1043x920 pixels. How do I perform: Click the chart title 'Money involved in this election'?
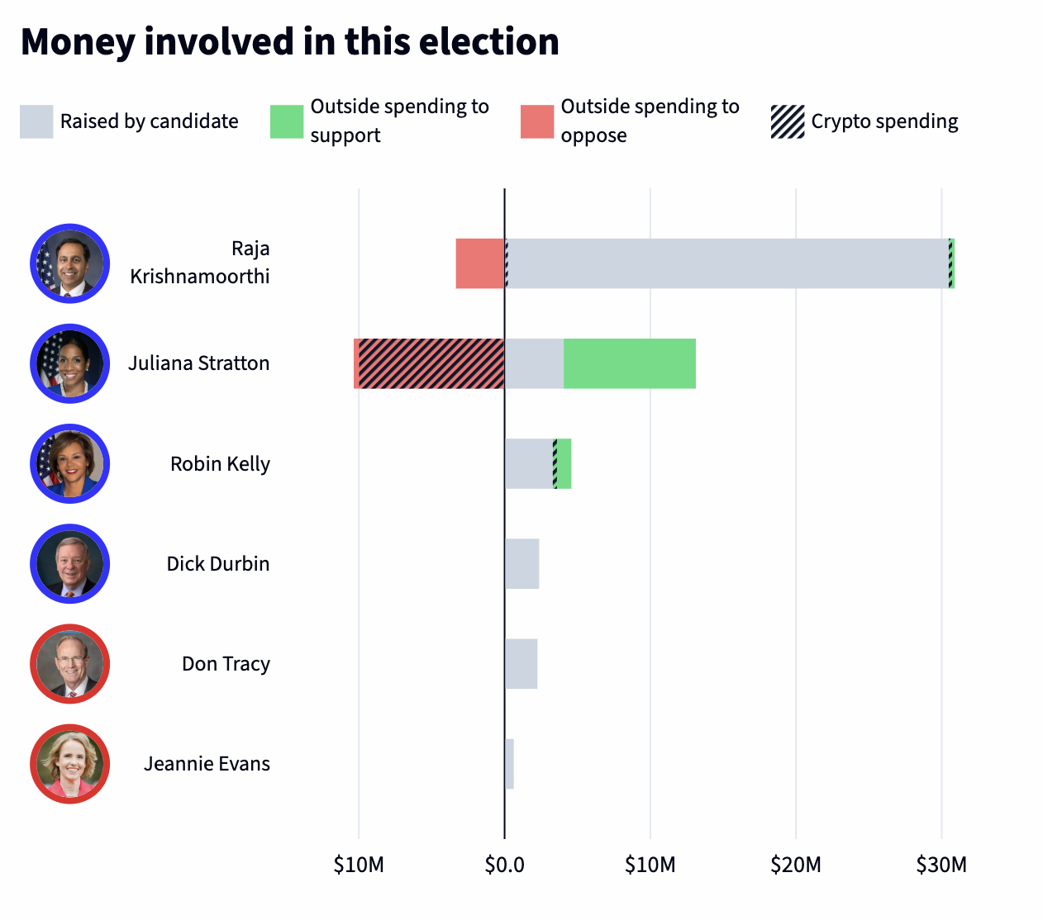coord(289,42)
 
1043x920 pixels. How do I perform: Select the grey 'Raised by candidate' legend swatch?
coord(36,121)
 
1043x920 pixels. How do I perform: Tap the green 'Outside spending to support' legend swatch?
coord(287,121)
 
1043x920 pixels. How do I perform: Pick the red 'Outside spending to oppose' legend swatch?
coord(537,121)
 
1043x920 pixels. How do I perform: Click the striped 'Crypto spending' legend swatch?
coord(788,121)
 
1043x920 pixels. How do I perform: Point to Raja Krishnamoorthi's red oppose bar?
coord(480,263)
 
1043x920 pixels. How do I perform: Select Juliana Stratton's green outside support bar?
coord(630,363)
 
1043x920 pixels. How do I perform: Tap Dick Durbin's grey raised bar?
coord(522,564)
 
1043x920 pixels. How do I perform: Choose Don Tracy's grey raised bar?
coord(521,664)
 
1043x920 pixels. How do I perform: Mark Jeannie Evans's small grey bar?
coord(510,764)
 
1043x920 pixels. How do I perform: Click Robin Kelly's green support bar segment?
coord(564,463)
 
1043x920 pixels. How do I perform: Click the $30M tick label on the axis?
coord(941,865)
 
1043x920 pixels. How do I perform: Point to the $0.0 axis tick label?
coord(504,865)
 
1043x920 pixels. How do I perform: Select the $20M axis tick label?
coord(796,865)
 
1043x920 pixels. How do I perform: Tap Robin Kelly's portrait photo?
coord(70,463)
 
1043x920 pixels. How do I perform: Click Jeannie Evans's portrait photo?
coord(70,764)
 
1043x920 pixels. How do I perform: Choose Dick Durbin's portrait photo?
coord(70,564)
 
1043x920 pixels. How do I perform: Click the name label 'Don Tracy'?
coord(226,664)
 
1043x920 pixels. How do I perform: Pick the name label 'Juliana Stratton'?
coord(198,363)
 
